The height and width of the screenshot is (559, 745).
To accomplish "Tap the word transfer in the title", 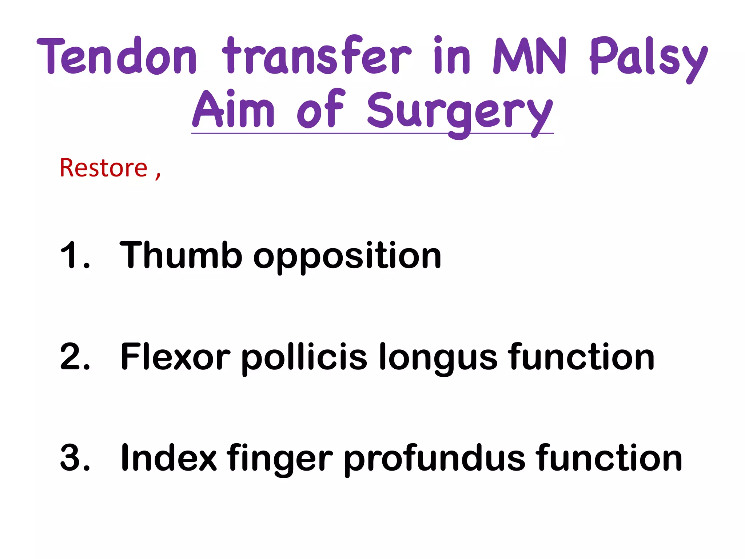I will click(316, 55).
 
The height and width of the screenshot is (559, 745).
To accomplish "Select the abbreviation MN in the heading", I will click(530, 56).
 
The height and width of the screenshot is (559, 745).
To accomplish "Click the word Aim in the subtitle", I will click(233, 109).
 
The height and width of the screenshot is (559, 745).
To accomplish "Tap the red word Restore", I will click(104, 168).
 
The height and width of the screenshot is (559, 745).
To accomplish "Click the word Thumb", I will click(181, 255).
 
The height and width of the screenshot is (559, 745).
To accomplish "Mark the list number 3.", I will click(75, 457).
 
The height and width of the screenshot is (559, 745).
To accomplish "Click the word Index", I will click(169, 457).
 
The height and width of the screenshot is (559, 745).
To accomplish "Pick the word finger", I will click(280, 459).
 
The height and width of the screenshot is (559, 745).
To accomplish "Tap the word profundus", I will click(434, 459).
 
